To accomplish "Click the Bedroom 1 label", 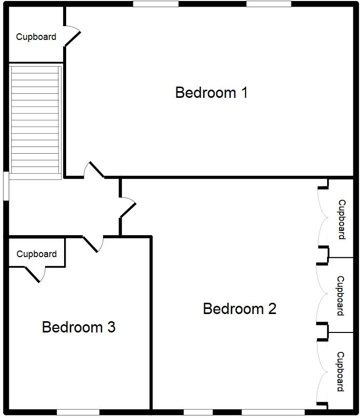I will pos(211,93).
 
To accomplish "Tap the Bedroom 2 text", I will pos(239,309).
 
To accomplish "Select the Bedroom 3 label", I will pos(78,327).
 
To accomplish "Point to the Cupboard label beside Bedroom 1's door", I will pos(36,37).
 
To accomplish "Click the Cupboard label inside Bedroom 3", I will pos(36,254).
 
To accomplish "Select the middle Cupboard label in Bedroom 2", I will pos(341,296).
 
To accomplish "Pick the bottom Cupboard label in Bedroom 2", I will pos(341,371).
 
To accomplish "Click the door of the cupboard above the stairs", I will pos(73,37).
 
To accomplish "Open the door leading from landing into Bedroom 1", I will pos(95,170).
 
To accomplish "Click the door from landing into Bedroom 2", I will pos(128,207).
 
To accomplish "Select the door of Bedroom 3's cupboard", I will pos(34,275).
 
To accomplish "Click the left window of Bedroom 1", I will pos(155,4).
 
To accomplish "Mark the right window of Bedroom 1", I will pos(269,4).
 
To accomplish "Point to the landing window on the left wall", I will pos(5,185).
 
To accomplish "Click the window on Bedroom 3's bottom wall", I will pos(78,412).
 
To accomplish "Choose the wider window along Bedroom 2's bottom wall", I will pos(273,412).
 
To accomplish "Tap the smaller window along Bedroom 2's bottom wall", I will pos(198,412).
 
